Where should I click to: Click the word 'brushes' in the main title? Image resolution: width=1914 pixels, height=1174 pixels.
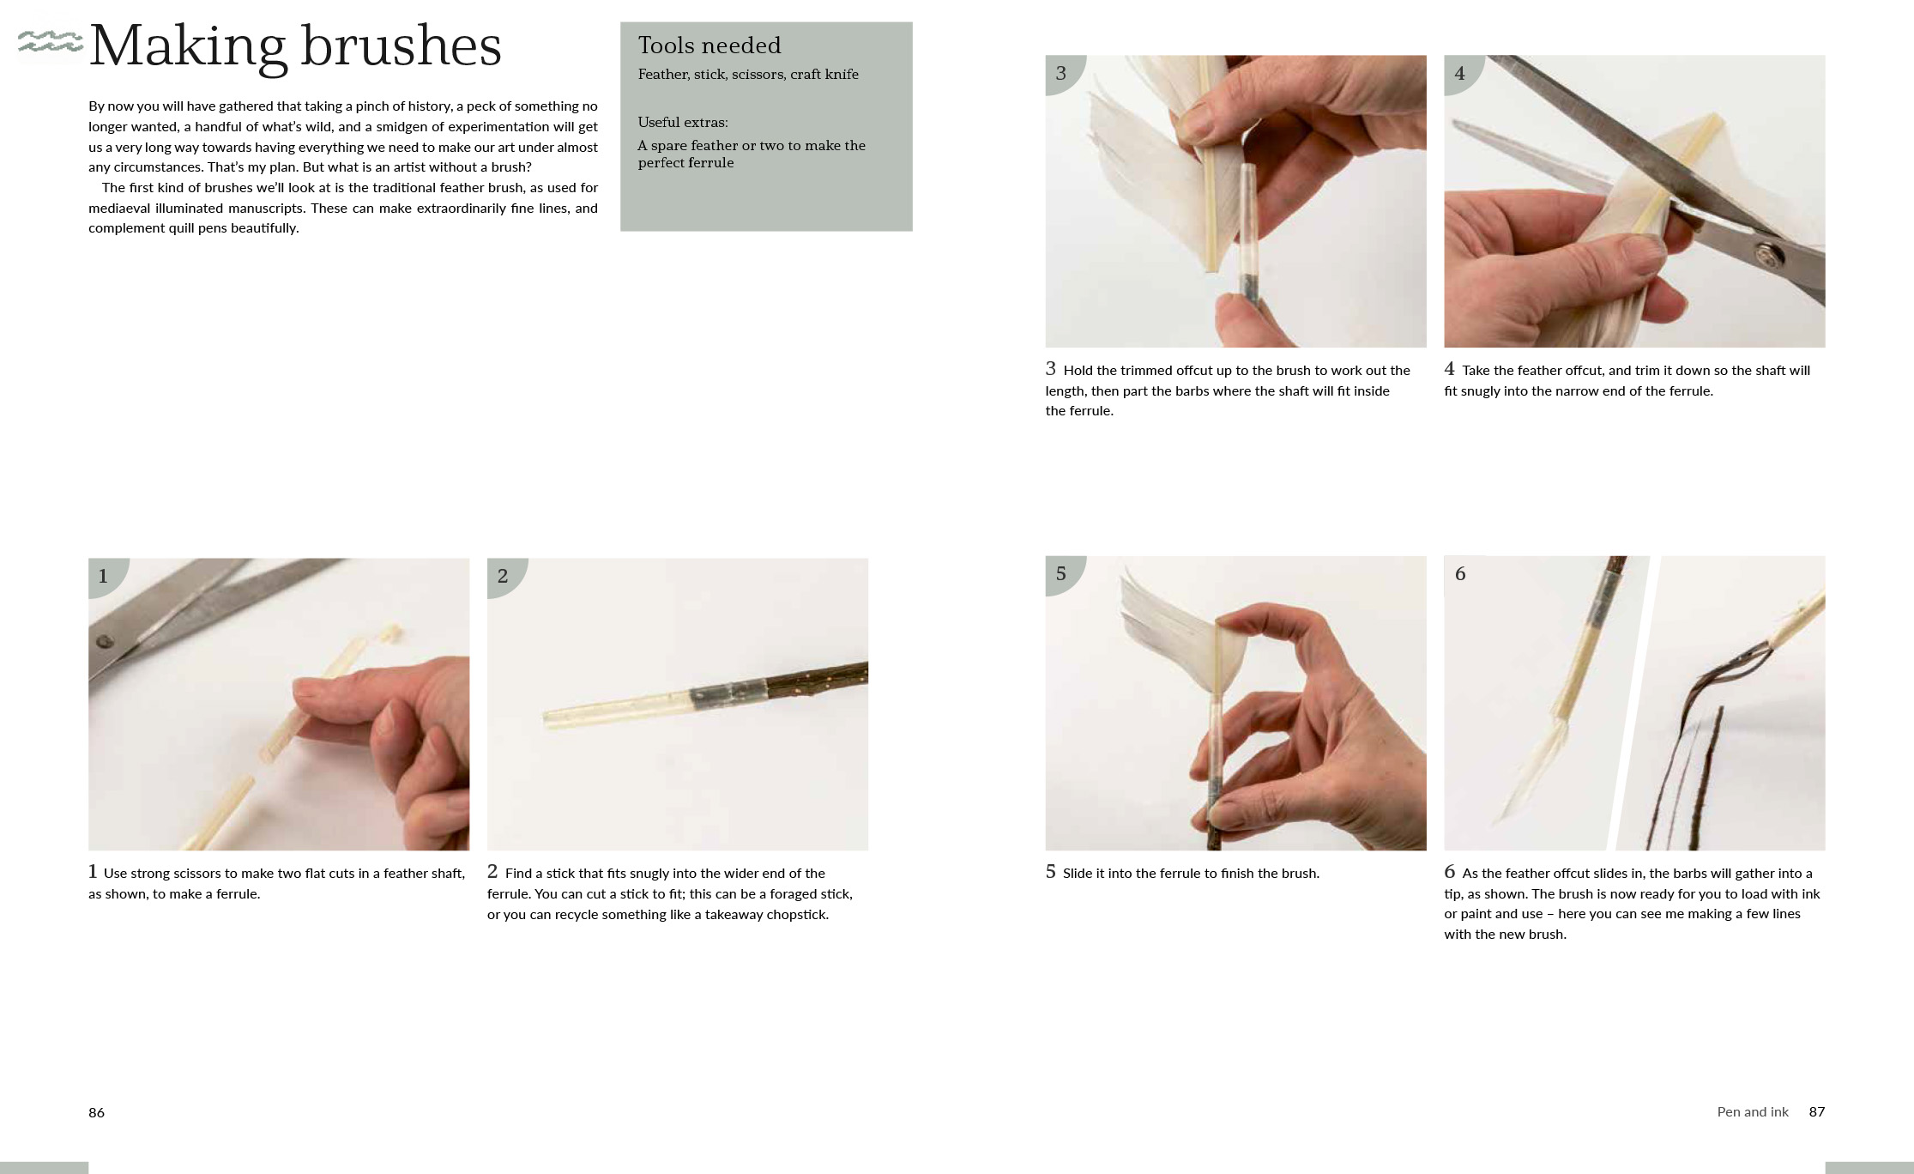click(401, 46)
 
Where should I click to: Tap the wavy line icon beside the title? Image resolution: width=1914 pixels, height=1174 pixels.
click(50, 41)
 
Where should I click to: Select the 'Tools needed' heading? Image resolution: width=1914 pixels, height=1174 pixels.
click(709, 45)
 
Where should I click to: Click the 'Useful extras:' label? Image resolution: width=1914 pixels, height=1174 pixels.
click(682, 122)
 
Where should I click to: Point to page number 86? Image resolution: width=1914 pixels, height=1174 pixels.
click(96, 1112)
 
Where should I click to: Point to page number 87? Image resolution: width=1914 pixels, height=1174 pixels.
click(1816, 1111)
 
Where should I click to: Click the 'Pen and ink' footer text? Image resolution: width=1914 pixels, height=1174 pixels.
click(1752, 1111)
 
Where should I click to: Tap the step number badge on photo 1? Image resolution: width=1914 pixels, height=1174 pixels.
click(104, 576)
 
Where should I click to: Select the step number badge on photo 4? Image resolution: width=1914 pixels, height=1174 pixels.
click(1459, 74)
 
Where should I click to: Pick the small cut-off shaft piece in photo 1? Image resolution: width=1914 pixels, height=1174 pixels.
click(392, 632)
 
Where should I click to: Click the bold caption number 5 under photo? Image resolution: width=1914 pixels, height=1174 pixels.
click(1050, 872)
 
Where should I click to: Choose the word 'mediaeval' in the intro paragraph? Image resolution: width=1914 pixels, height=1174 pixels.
click(120, 208)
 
